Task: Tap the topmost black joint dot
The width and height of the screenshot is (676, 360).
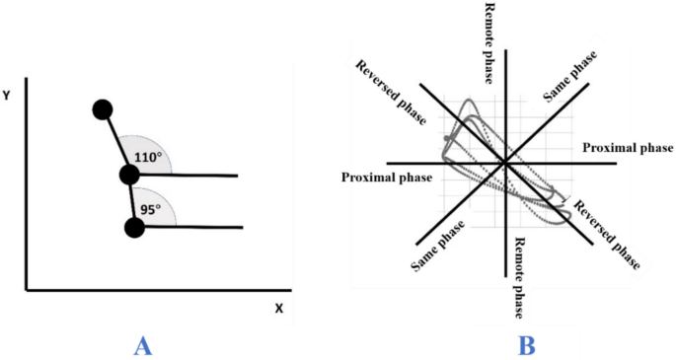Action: (102, 109)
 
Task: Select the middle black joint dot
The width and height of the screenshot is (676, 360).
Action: (128, 176)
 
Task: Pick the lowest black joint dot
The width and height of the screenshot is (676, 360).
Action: (135, 229)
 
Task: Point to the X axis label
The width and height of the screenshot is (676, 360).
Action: (279, 308)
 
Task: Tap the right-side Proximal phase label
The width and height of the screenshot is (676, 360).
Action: (628, 147)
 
